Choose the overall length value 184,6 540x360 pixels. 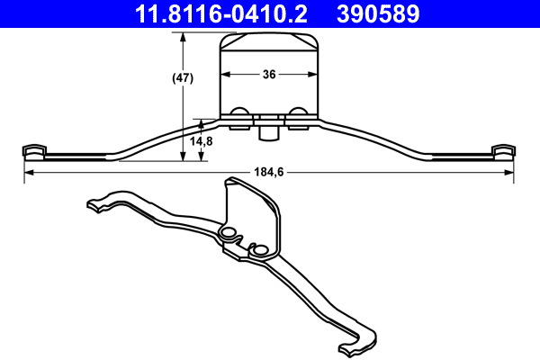(x=270, y=173)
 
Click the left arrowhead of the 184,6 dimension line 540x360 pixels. (x=27, y=173)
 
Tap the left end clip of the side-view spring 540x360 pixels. (x=34, y=150)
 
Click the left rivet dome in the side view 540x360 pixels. (x=240, y=113)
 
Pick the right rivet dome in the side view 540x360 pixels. (x=297, y=113)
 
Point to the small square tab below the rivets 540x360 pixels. (x=267, y=132)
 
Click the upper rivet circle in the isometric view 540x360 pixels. (x=228, y=234)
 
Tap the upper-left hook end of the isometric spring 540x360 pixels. (x=94, y=204)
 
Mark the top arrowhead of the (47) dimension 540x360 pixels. (x=184, y=37)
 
